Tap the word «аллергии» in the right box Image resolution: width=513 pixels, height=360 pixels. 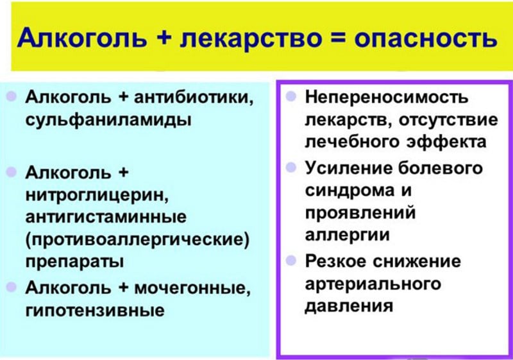pos(347,235)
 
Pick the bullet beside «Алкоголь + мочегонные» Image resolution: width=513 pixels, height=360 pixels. pos(12,287)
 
